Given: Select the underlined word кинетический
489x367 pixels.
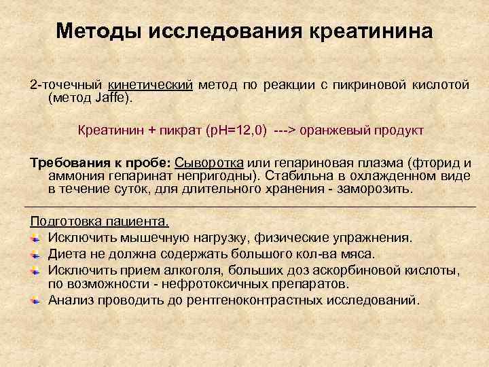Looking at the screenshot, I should coord(151,85).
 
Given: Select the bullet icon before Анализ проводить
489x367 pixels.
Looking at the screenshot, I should coord(37,300).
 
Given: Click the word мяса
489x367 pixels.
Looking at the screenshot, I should coord(357,254).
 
